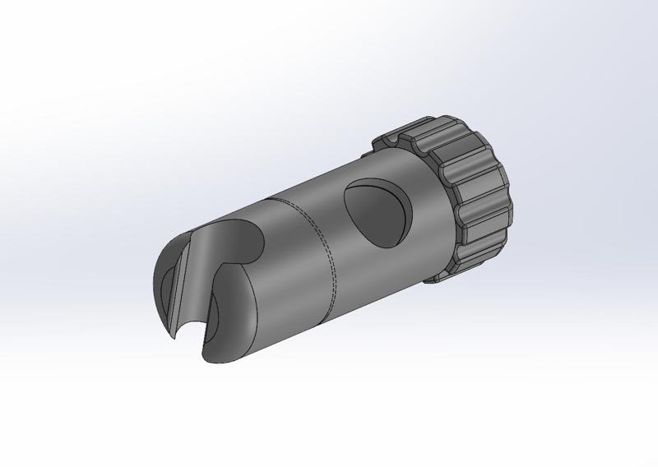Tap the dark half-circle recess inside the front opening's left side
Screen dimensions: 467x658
pyautogui.click(x=169, y=284)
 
